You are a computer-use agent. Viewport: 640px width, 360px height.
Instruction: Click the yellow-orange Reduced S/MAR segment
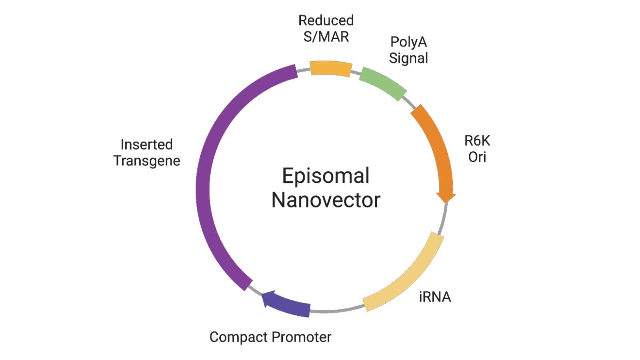point(331,68)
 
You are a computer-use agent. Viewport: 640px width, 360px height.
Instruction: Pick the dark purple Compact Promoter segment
point(290,304)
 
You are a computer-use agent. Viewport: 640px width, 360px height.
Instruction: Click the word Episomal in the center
point(326,176)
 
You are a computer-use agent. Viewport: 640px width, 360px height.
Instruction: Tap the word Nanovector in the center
point(326,200)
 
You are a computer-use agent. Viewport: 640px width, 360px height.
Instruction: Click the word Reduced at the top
point(326,20)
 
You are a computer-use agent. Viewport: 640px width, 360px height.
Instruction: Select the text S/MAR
point(326,37)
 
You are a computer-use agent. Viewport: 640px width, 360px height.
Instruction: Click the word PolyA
point(408,42)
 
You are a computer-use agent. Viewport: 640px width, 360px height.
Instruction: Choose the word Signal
point(408,58)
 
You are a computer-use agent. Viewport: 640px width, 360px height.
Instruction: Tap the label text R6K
point(477,141)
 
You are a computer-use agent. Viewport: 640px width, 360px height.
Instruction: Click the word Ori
point(477,157)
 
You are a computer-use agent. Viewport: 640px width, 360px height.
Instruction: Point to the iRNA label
point(435,297)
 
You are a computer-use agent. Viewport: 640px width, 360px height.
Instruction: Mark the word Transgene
point(147,161)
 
